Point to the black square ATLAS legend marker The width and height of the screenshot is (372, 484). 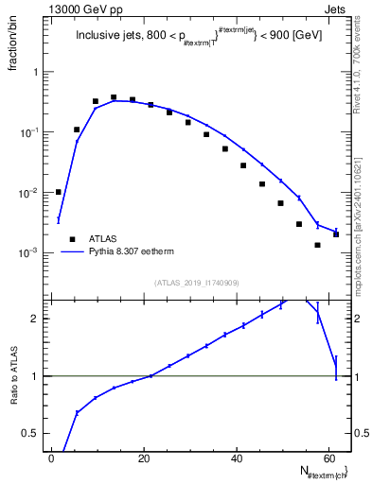coord(71,239)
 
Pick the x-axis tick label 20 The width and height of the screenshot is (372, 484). coord(144,458)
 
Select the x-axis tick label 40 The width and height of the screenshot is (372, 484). coord(237,458)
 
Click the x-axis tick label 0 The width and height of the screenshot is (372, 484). coord(52,458)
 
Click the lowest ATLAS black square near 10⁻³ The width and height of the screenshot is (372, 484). coord(317,245)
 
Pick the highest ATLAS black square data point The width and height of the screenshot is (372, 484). coord(114,97)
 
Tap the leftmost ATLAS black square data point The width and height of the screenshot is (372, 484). coord(59,192)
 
